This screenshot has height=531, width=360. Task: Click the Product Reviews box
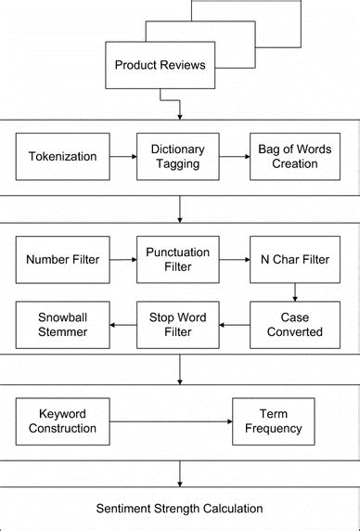161,65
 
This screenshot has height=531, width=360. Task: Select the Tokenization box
62,156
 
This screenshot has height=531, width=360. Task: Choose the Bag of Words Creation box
296,156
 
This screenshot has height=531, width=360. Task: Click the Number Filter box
62,259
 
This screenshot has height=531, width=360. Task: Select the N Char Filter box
296,259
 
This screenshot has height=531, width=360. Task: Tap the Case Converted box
296,324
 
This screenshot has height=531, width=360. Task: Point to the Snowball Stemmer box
62,324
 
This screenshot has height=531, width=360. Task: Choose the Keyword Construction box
62,421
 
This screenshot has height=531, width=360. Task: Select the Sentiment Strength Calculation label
180,508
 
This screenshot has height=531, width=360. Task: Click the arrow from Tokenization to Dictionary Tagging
122,156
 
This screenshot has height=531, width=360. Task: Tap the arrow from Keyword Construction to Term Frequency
171,421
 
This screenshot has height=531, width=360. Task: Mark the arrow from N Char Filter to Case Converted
296,291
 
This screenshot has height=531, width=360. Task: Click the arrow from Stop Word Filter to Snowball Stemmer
122,324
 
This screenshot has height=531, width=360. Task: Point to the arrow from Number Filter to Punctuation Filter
122,259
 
